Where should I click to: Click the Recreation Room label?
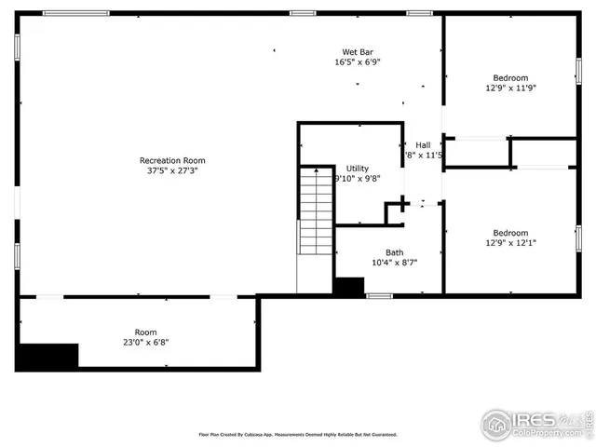(172, 160)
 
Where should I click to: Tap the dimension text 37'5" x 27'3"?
(172, 171)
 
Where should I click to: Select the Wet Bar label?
(358, 51)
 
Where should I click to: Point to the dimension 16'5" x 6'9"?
(358, 62)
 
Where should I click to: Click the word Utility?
(358, 169)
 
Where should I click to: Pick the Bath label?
(395, 252)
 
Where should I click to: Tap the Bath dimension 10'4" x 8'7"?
(395, 263)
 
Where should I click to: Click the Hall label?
(423, 144)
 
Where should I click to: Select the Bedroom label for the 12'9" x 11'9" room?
(510, 77)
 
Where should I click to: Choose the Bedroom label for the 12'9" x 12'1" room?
(510, 233)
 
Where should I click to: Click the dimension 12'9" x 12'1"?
(510, 244)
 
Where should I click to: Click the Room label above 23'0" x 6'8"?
(145, 332)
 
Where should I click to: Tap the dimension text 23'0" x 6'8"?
(145, 342)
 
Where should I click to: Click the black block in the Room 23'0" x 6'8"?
(48, 355)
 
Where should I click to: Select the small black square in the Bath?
(349, 288)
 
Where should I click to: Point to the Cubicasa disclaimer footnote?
(298, 434)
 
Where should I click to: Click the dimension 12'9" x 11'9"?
(510, 88)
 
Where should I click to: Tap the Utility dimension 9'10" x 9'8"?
(358, 180)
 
